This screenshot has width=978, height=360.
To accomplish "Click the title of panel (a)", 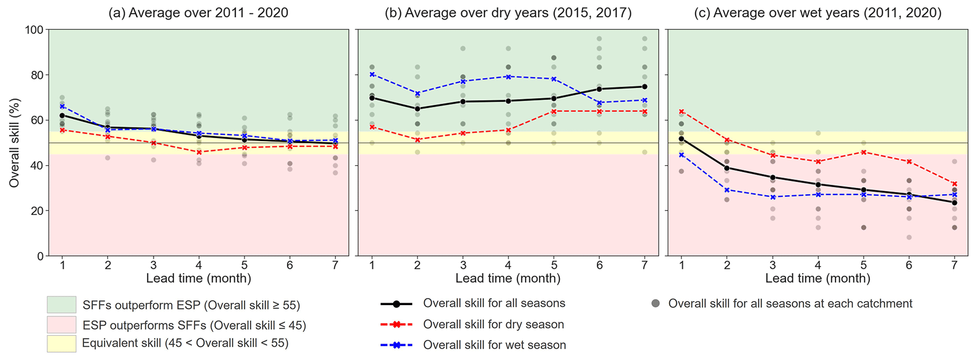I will [198, 13].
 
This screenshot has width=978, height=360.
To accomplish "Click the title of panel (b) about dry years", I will [508, 13].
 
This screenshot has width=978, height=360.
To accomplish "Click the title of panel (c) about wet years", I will [818, 13].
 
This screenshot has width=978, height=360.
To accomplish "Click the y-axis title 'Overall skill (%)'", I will [14, 143].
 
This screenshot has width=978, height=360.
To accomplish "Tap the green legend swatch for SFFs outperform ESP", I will [62, 305].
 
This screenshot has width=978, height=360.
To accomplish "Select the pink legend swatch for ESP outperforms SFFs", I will [62, 325].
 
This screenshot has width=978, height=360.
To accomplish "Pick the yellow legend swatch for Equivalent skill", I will [62, 344].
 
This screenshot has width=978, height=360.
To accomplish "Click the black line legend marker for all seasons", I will [396, 304].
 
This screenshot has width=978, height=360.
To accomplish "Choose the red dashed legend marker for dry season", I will [396, 325].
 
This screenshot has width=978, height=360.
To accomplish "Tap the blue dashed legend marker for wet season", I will [396, 345].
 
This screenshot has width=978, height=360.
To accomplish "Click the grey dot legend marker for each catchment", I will [655, 304].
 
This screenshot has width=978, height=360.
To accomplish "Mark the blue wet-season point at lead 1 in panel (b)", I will [372, 74].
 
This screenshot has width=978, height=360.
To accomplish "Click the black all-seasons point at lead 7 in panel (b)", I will [644, 87].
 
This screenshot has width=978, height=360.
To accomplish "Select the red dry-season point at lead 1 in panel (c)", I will [681, 112].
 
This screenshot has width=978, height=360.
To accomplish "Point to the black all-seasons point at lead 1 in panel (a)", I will [62, 115].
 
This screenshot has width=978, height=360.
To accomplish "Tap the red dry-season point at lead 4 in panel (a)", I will [199, 152].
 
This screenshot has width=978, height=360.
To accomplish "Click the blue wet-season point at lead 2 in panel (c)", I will [727, 190].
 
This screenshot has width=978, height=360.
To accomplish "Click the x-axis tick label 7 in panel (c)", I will [954, 265].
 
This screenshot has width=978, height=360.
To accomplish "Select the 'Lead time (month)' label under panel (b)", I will [508, 279].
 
